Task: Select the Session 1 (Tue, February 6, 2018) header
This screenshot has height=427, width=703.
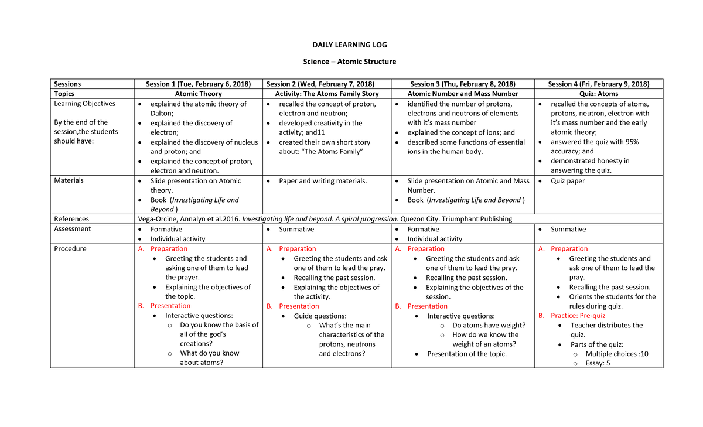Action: pyautogui.click(x=198, y=84)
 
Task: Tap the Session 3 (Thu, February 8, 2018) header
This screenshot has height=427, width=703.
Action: pyautogui.click(x=463, y=84)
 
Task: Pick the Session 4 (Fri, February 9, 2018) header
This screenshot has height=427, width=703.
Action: pyautogui.click(x=598, y=84)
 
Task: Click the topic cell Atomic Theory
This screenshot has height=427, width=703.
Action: pyautogui.click(x=199, y=94)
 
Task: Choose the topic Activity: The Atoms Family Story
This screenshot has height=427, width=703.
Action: pyautogui.click(x=327, y=94)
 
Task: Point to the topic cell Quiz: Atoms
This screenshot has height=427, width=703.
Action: pyautogui.click(x=598, y=94)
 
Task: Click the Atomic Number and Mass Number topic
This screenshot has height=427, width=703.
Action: pyautogui.click(x=463, y=94)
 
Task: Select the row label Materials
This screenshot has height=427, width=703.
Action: pyautogui.click(x=69, y=181)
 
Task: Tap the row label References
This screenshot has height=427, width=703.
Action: pyautogui.click(x=71, y=219)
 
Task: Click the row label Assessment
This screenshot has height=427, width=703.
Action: pyautogui.click(x=73, y=229)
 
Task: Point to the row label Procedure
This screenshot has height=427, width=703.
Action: pyautogui.click(x=70, y=249)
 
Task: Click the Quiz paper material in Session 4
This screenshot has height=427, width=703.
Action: pyautogui.click(x=568, y=181)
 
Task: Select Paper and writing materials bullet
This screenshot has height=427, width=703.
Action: pyautogui.click(x=323, y=181)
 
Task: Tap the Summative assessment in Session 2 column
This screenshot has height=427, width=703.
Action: pyautogui.click(x=296, y=230)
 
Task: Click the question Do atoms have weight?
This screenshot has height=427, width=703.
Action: pyautogui.click(x=489, y=326)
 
